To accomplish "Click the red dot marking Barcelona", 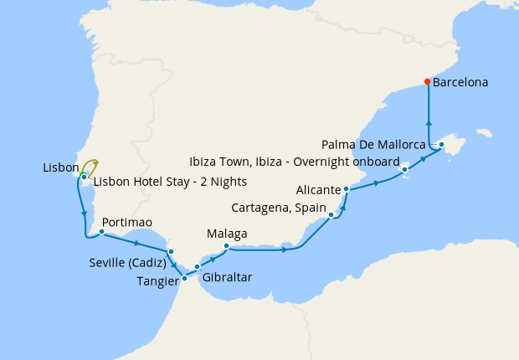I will [428, 82].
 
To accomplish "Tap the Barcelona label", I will [460, 83].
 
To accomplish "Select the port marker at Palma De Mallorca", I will [441, 145].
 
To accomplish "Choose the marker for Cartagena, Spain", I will [332, 215].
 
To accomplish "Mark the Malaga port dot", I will [227, 245].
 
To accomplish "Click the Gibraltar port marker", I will [198, 267].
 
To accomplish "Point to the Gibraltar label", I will [227, 277].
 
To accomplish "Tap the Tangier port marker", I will [184, 279].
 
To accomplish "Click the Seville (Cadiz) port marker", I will [171, 251].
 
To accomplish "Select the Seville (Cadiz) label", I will [126, 263].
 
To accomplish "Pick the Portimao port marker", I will [101, 232].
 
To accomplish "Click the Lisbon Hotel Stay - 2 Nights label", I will [170, 181].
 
